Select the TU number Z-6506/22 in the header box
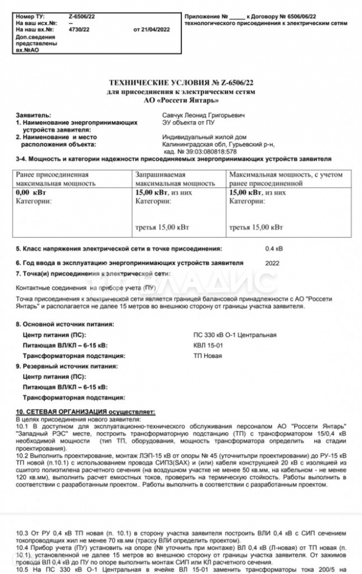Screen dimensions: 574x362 [x=82, y=17]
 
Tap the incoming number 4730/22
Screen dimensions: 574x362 [x=79, y=29]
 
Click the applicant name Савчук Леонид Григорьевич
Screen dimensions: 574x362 [x=203, y=115]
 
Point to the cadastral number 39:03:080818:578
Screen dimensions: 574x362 [x=208, y=152]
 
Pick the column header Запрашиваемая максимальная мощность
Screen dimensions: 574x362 [x=175, y=179]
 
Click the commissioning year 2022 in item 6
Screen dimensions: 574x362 [x=273, y=262]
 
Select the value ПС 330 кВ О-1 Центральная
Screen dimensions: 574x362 [x=235, y=335]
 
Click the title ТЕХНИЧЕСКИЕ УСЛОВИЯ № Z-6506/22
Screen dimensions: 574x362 [x=181, y=84]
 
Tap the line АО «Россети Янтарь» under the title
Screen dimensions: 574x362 [x=181, y=99]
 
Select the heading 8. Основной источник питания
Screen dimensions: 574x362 [x=65, y=324]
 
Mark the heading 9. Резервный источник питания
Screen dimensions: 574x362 [x=67, y=366]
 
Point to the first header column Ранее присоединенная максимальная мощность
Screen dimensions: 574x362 [x=56, y=179]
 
